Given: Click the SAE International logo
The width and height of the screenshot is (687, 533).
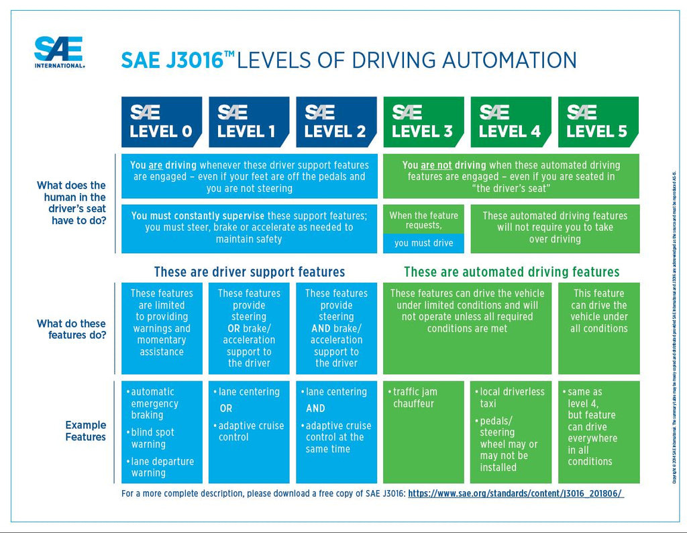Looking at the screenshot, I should point(59,52).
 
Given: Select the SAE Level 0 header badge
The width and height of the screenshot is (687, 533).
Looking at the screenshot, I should point(161,122).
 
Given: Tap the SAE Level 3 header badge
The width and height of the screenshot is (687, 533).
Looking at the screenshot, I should point(423,122).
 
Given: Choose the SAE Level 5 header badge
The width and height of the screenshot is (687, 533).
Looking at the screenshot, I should point(598,122).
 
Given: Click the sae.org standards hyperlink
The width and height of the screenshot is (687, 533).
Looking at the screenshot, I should point(515,493).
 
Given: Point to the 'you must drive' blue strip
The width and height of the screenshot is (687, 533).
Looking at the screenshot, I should point(423,243).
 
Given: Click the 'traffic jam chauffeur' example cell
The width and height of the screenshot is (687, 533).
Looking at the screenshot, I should point(423,398).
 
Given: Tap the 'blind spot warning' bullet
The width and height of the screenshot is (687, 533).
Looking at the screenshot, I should point(152,438).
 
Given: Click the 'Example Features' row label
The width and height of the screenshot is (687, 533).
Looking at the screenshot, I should point(85,431).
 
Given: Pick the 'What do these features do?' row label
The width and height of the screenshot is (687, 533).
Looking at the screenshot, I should point(71,329).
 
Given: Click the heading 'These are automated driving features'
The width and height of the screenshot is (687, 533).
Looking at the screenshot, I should point(511,272).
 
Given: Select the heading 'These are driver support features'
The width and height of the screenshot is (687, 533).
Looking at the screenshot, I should point(249,272).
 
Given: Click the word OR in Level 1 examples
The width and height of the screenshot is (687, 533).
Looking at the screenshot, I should point(226,409).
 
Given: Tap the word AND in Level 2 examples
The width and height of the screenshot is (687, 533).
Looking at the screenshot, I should point(315,409).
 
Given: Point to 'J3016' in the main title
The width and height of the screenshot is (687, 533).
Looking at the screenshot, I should point(191,60).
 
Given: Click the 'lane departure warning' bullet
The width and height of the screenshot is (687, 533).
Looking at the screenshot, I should point(162,467).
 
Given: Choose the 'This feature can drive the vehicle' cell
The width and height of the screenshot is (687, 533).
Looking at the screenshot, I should point(598,311).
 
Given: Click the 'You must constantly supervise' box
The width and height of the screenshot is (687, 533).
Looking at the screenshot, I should point(249,228).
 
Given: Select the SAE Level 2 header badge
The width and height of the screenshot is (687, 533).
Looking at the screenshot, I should point(335,122).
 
